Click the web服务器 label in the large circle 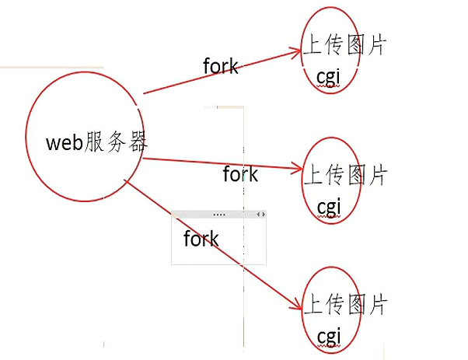(x=97, y=142)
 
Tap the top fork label (x=221, y=66)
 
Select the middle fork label (x=240, y=174)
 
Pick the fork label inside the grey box (x=201, y=239)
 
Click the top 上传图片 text (x=344, y=45)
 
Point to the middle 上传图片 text (x=344, y=176)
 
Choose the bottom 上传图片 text (x=344, y=304)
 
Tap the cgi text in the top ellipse (x=329, y=78)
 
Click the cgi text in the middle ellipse (x=329, y=207)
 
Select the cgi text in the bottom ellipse (x=329, y=335)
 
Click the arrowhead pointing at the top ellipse (x=297, y=51)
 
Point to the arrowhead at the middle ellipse (x=298, y=168)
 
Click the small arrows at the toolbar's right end (x=260, y=214)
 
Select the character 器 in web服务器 (x=138, y=142)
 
